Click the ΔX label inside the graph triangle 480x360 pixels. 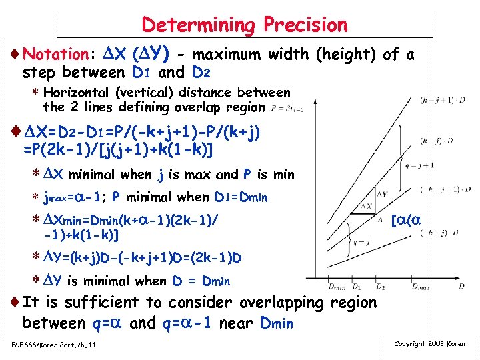point(366,207)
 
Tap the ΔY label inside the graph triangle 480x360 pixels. point(381,194)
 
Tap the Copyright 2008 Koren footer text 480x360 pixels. point(430,344)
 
